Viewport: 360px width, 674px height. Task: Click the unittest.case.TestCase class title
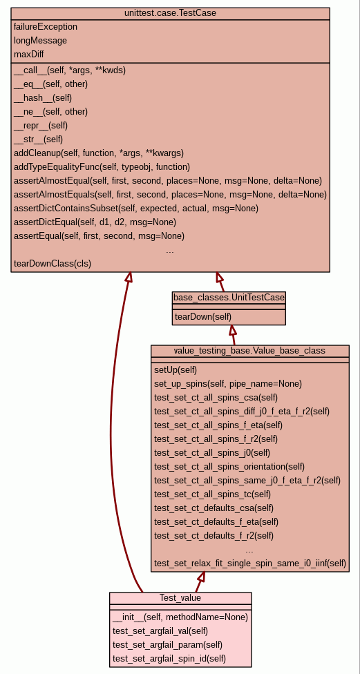(x=170, y=13)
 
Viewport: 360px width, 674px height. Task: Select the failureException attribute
(x=46, y=27)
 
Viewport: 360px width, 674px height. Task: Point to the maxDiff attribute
(x=29, y=54)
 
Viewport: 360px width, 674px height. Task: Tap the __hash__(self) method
(x=43, y=98)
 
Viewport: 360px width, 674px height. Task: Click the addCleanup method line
(x=99, y=153)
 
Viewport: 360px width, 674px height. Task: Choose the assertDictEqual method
(x=95, y=222)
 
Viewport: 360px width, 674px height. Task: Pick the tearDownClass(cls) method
(x=53, y=264)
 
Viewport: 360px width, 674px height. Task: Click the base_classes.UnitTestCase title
(x=229, y=298)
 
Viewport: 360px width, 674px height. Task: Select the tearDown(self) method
(x=203, y=317)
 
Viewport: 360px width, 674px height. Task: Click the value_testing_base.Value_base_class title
(x=249, y=351)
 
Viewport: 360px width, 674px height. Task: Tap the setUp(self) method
(x=176, y=369)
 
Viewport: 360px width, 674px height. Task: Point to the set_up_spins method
(x=228, y=383)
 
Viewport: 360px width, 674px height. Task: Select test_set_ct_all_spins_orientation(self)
(x=229, y=466)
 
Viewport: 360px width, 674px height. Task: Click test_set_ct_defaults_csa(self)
(x=214, y=508)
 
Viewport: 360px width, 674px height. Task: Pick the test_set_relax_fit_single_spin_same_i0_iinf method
(x=250, y=563)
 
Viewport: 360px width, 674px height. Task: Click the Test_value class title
(x=180, y=598)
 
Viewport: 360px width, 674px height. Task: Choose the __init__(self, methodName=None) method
(x=180, y=617)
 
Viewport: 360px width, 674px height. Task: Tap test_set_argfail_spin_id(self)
(x=169, y=659)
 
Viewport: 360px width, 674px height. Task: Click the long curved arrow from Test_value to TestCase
(x=112, y=430)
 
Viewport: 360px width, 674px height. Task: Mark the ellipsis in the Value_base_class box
(x=249, y=550)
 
